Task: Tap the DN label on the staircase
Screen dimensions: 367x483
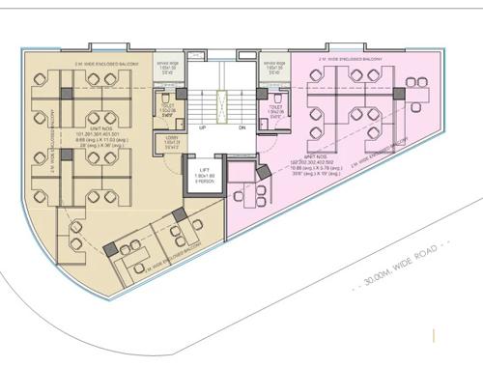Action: pos(241,128)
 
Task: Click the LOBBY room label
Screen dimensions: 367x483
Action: pos(171,140)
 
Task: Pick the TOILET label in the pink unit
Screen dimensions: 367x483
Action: pos(278,108)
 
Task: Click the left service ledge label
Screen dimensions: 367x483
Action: pos(166,67)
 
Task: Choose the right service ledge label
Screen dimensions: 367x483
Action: pos(273,67)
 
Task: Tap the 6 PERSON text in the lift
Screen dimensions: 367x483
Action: pos(204,183)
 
